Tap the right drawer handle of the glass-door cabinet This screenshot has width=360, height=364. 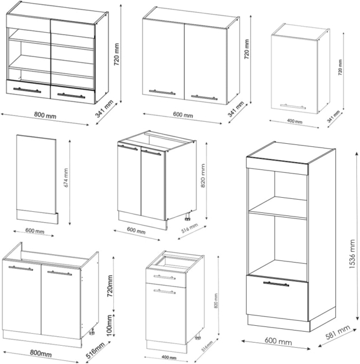point(72,95)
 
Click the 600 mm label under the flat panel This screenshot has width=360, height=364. point(35,231)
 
